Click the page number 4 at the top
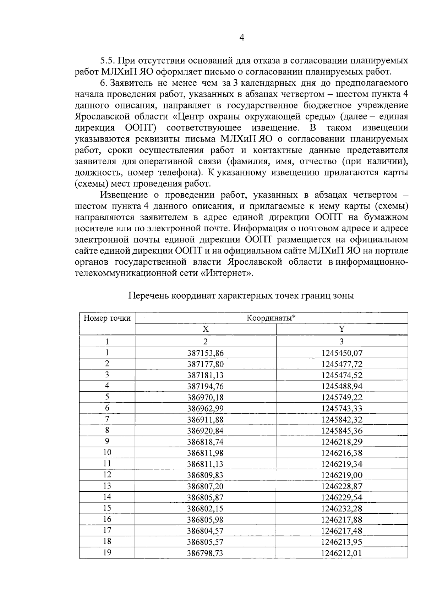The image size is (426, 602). [x=242, y=38]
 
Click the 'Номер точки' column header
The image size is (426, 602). [x=107, y=318]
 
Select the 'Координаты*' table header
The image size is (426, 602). [x=271, y=318]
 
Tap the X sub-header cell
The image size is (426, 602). [x=206, y=329]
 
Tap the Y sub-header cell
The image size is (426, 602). [x=342, y=329]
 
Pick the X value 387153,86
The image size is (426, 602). [x=206, y=353]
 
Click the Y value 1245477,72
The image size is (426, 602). [x=342, y=364]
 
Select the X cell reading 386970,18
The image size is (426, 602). [x=206, y=398]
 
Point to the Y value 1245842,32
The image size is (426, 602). [x=342, y=420]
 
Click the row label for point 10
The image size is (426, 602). [x=107, y=452]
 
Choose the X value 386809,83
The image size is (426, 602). [x=206, y=475]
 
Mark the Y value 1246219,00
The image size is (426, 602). [x=342, y=475]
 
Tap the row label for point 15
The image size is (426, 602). [x=107, y=508]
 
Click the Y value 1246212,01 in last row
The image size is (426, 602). [x=342, y=553]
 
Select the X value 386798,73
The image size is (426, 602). [x=206, y=553]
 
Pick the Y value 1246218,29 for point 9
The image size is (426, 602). [x=342, y=442]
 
